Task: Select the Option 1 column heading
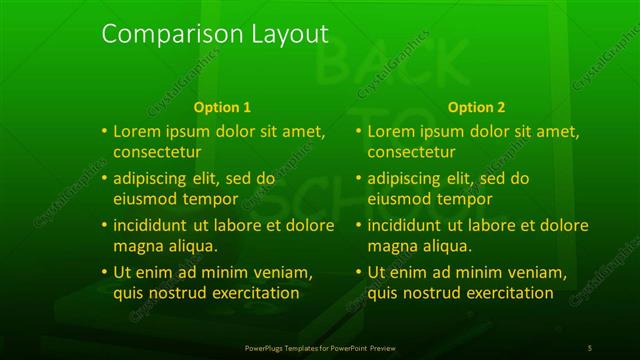tap(222, 107)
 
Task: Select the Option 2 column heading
tap(477, 107)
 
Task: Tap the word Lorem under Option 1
tap(138, 131)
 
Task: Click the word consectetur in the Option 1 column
tap(158, 152)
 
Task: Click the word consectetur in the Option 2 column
tap(413, 152)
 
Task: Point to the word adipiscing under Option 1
tap(153, 179)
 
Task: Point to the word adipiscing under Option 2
tap(408, 179)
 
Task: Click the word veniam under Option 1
tap(283, 272)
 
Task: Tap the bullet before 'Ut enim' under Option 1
tap(104, 272)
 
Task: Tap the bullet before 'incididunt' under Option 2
tap(359, 225)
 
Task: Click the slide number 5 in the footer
tap(590, 347)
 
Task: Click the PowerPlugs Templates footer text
tap(319, 347)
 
